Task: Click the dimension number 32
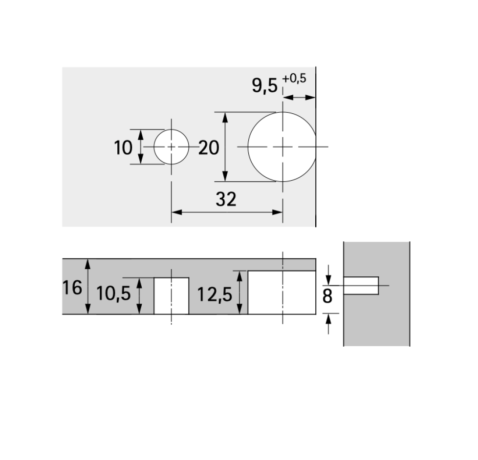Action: coord(226,200)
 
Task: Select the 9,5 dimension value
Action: coord(265,85)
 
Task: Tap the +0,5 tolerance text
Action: coord(294,79)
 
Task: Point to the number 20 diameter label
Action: coord(209,148)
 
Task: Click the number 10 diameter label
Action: coord(123,148)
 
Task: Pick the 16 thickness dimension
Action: coord(72,287)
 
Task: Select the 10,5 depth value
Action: coord(113,294)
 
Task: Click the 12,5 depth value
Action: coord(215,294)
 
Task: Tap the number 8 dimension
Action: coord(327,296)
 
